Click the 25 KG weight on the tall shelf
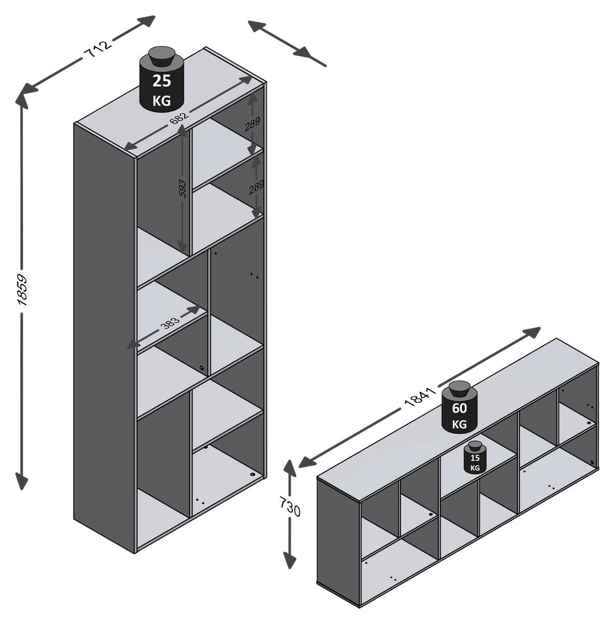click(162, 83)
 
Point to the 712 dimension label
click(97, 49)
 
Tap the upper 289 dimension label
click(252, 123)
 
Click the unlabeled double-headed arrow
click(287, 43)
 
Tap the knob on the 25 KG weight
click(162, 54)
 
